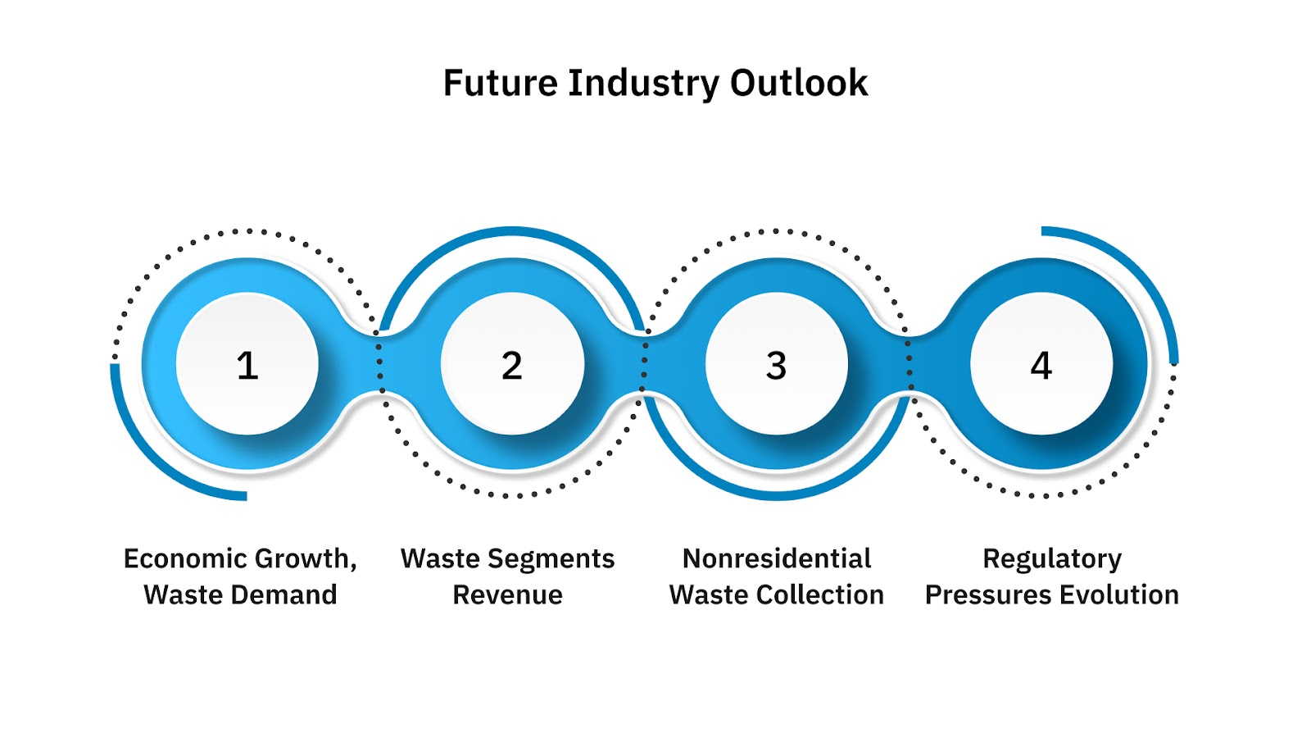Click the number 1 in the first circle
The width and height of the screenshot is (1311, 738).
247,365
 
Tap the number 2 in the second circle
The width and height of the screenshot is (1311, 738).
512,365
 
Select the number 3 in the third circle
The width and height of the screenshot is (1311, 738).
777,365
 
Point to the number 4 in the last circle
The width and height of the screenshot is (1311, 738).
1041,365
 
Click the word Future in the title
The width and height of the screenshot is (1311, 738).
500,83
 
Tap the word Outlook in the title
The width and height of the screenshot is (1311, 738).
799,83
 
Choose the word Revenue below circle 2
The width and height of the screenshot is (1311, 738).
507,594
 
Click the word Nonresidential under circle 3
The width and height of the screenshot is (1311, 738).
777,558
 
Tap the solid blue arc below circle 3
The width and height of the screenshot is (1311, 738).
777,495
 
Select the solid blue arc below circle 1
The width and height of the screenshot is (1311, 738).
156,459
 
